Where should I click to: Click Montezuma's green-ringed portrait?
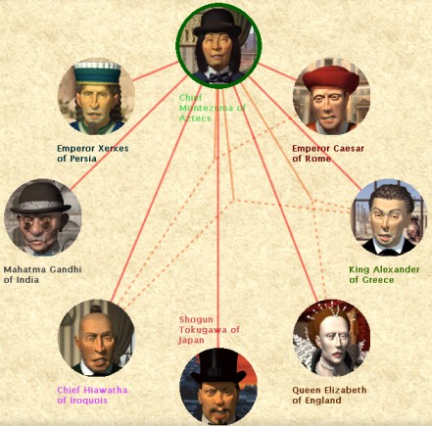click(218, 46)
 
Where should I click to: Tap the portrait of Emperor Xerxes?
click(96, 97)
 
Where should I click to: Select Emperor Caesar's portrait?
click(331, 97)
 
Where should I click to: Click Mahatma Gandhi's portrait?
click(42, 217)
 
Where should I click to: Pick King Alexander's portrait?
click(389, 217)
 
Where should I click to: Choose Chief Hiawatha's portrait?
click(96, 338)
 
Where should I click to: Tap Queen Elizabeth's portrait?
click(331, 338)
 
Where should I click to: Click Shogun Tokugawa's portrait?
click(218, 387)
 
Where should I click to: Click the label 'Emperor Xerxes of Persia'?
click(93, 154)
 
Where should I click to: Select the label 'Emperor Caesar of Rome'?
click(328, 154)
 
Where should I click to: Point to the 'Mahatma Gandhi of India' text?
click(42, 274)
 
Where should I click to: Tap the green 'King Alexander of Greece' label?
click(384, 274)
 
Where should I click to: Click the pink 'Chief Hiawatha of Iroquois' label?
click(92, 395)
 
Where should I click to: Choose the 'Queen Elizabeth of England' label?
click(329, 395)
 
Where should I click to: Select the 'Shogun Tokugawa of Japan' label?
click(209, 330)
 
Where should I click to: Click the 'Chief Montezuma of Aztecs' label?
click(212, 108)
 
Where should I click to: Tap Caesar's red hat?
click(330, 78)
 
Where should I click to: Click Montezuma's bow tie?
click(219, 77)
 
